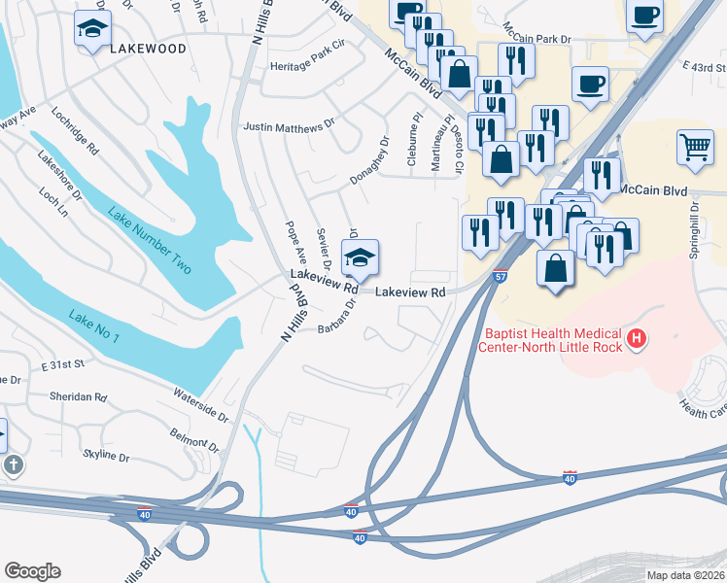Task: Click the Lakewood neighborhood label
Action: (147, 48)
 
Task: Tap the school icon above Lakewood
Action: (92, 29)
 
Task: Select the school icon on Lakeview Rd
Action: (360, 258)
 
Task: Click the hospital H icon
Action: (637, 338)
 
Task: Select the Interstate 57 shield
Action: (500, 277)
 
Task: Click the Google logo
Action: (32, 571)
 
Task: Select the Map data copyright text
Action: (684, 575)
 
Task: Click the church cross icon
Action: (13, 464)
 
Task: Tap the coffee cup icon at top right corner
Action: (644, 16)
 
